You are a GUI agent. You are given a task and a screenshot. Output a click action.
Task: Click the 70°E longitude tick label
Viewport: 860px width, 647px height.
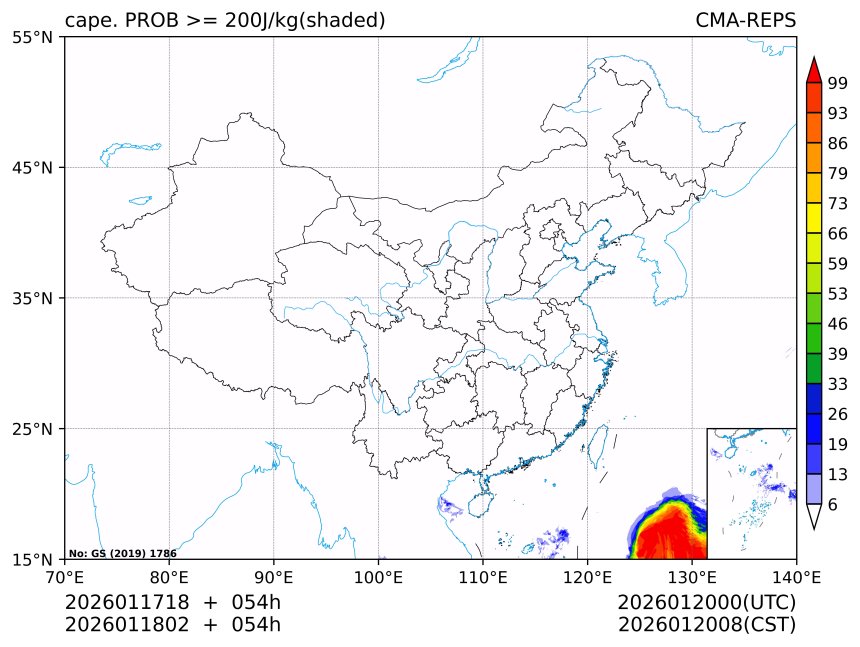(x=65, y=576)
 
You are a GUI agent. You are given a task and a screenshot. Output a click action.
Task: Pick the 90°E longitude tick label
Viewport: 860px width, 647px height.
(x=274, y=576)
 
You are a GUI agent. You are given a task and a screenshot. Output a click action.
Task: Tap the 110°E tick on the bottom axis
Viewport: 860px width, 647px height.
(x=483, y=576)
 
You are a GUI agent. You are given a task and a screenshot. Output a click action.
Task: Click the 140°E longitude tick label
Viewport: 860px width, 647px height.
(x=796, y=576)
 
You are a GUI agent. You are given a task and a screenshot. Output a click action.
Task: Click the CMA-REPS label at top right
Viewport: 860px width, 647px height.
(x=745, y=21)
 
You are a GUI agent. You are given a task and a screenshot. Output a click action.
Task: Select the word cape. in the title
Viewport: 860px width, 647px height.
(x=88, y=21)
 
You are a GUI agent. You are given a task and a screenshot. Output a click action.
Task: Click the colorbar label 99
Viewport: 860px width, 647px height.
(x=839, y=84)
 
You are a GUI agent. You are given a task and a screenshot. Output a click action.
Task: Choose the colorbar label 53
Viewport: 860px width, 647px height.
(x=839, y=294)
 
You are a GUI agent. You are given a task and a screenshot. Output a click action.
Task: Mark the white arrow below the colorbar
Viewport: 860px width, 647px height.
(x=814, y=516)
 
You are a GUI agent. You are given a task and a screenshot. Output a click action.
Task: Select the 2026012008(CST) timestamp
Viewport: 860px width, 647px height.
(x=706, y=625)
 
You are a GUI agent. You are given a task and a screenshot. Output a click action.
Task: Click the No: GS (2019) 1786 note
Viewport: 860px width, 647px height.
(x=122, y=553)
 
